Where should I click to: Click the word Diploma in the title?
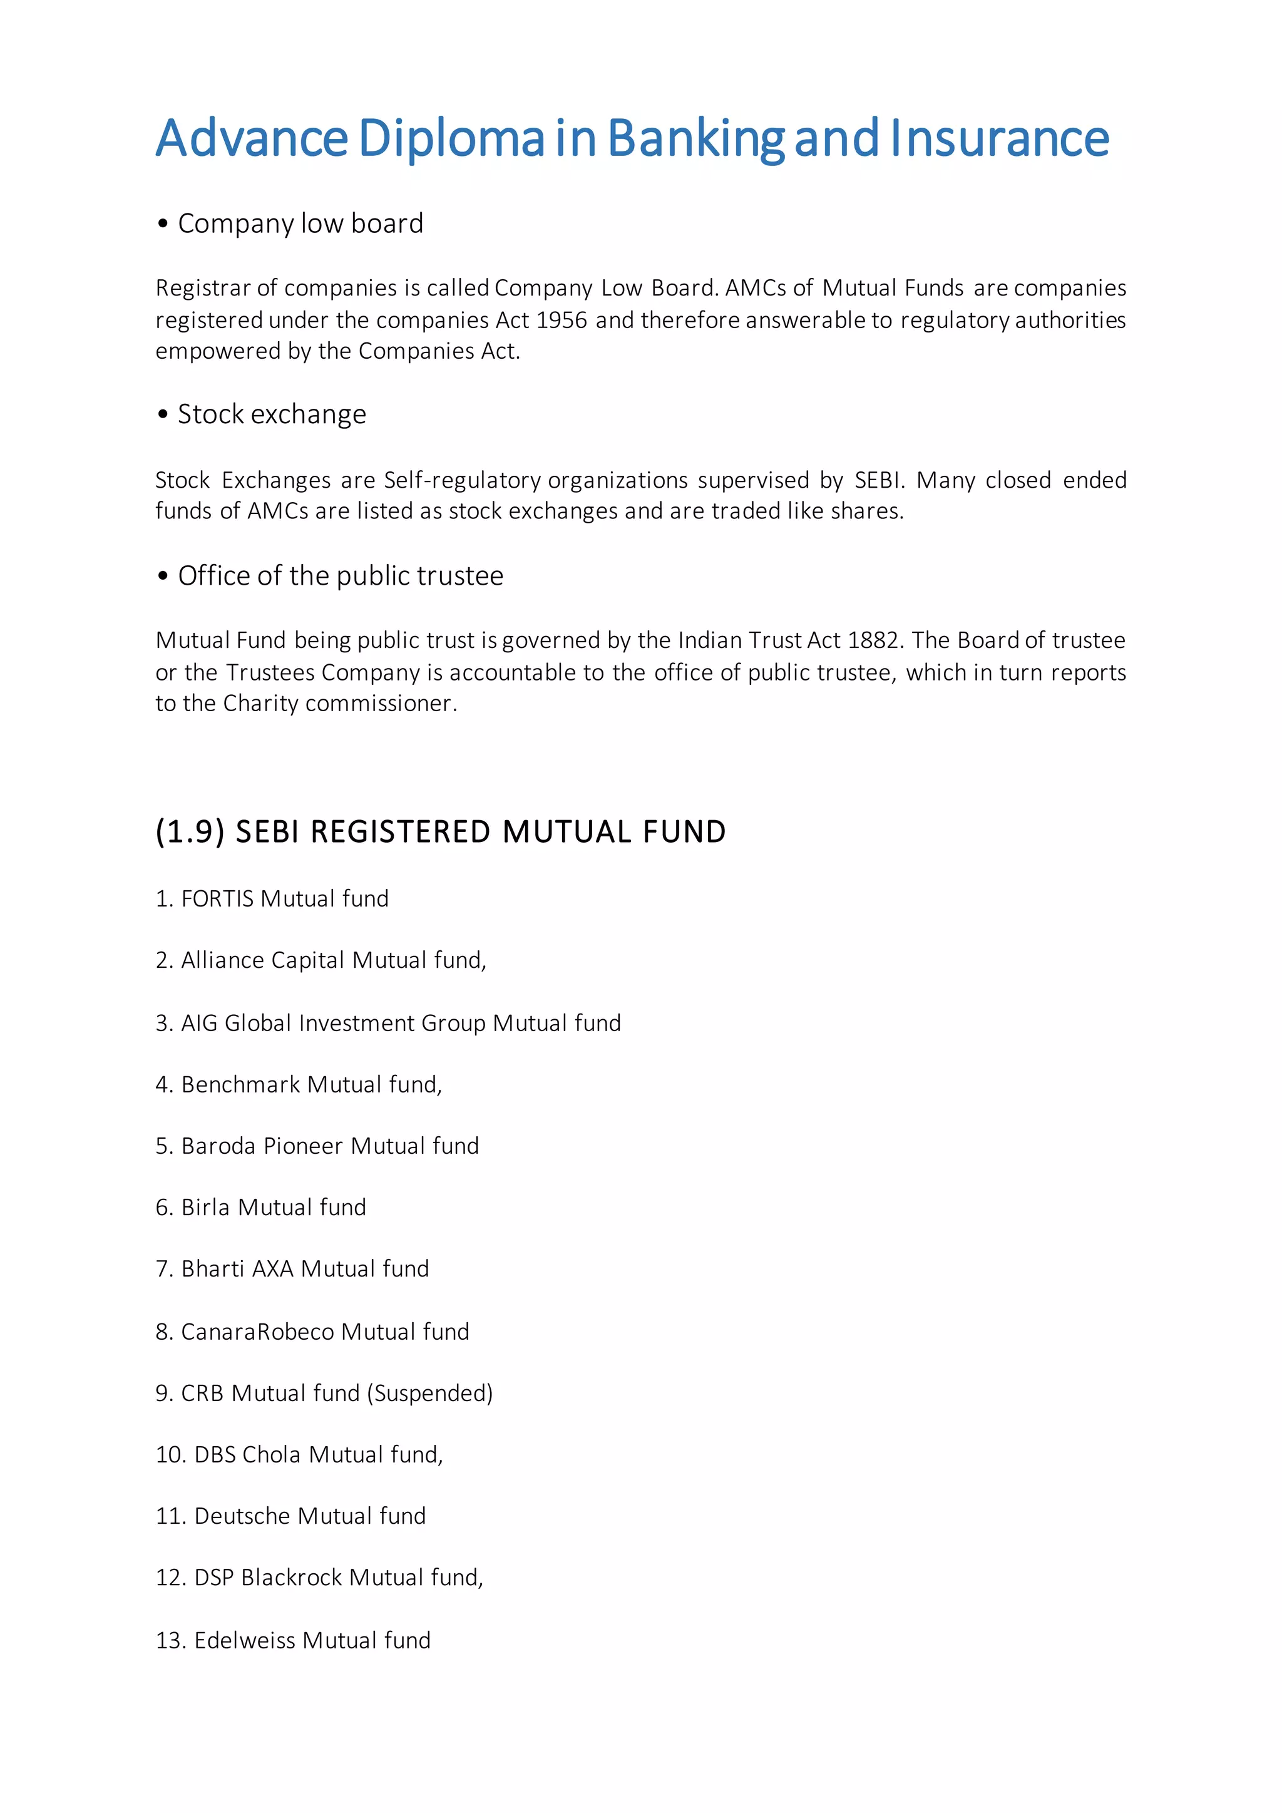tap(451, 139)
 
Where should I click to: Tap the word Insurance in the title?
tap(1000, 139)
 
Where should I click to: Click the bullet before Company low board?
tap(163, 224)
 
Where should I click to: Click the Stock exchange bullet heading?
tap(272, 414)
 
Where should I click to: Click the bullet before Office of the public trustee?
tap(163, 577)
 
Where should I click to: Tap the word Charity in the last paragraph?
tap(260, 704)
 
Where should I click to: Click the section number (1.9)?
tap(190, 832)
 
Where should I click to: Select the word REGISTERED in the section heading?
tap(401, 832)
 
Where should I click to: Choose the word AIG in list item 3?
tap(200, 1024)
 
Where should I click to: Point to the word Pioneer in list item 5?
tap(302, 1146)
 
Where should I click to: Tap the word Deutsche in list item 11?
tap(242, 1516)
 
